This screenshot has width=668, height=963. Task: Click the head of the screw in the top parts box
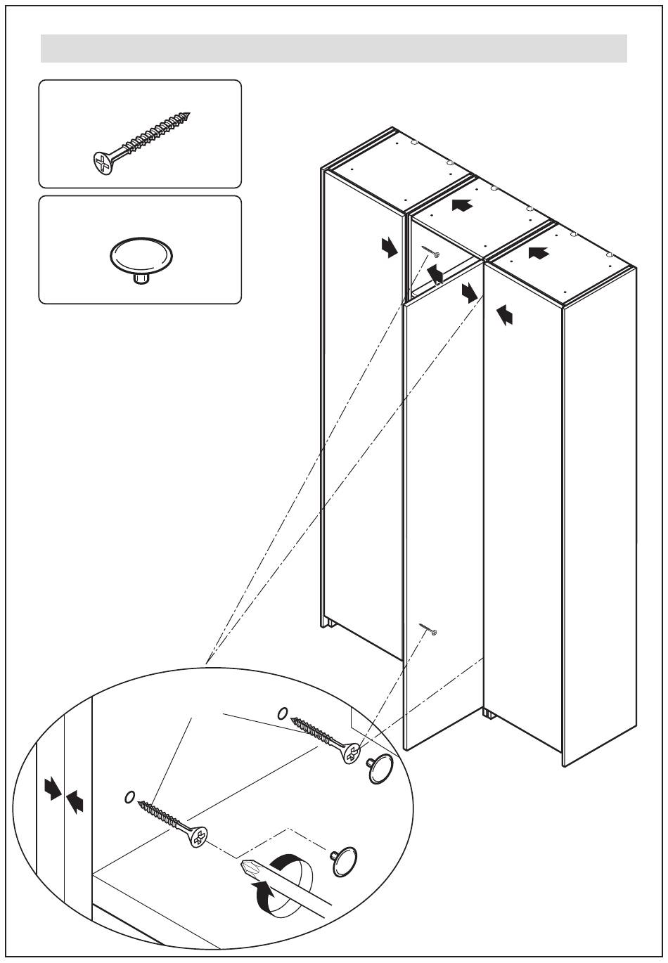[103, 164]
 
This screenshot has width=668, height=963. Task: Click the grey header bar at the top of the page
[333, 49]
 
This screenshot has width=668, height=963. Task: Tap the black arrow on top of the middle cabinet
[461, 205]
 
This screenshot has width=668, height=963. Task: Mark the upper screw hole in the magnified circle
[283, 713]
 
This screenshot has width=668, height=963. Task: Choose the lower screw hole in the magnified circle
[129, 796]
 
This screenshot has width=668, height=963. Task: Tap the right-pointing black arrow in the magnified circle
[52, 789]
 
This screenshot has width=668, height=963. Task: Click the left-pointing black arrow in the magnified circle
[75, 801]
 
